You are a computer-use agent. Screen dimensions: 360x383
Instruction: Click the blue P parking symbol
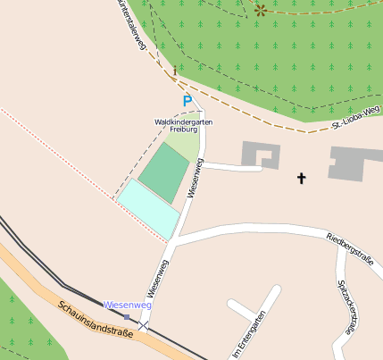point(187,102)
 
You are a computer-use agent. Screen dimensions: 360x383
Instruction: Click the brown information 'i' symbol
point(175,68)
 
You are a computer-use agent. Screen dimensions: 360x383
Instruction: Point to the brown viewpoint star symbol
point(261,11)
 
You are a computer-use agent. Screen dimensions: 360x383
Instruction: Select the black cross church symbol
point(301,179)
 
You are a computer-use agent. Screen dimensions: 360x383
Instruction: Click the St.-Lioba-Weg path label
point(356,116)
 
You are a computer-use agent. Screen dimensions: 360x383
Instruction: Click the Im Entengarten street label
point(248,335)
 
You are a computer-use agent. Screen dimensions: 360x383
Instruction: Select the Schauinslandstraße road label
point(95,319)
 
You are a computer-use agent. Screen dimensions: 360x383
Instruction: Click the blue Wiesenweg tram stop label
point(128,306)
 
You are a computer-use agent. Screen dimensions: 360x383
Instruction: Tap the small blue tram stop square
point(127,316)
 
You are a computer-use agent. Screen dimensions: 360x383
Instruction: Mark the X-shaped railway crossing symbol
point(143,325)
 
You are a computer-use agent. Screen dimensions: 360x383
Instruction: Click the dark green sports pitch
point(163,173)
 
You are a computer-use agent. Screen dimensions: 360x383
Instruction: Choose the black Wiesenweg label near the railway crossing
point(157,279)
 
